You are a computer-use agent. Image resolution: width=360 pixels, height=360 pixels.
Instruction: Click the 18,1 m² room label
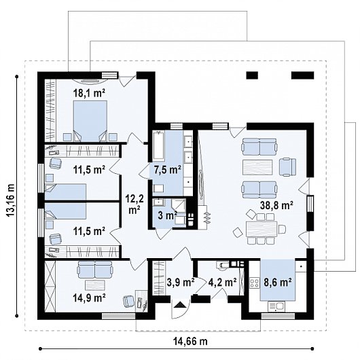[x=89, y=93]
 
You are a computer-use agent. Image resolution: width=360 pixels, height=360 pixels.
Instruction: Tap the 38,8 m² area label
[x=276, y=205]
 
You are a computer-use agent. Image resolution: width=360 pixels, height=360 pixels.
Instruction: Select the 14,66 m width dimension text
[x=190, y=342]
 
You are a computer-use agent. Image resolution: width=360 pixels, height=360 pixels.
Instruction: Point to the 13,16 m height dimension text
[x=11, y=200]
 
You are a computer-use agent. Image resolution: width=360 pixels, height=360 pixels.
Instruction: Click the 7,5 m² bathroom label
[x=168, y=170]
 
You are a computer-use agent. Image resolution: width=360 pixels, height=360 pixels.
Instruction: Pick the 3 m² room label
[x=167, y=216]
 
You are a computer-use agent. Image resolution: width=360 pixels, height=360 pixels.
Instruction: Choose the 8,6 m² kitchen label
[x=277, y=283]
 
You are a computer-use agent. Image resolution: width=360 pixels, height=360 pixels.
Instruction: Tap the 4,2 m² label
[x=222, y=283]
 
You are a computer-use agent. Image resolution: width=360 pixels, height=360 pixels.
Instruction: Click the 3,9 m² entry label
[x=181, y=283]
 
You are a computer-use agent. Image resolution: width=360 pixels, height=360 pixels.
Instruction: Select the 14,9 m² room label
[x=89, y=298]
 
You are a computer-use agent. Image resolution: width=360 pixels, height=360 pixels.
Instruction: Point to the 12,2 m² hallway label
[x=134, y=204]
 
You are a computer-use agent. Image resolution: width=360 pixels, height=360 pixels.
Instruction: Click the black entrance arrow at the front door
[x=180, y=304]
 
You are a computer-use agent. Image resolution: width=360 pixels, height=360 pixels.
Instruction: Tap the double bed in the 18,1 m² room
[x=90, y=121]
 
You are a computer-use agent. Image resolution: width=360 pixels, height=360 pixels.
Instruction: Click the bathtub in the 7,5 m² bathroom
[x=159, y=145]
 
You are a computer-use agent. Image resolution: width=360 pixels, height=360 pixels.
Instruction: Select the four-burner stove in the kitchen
[x=255, y=283]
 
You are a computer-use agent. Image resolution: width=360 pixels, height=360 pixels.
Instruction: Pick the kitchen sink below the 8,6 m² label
[x=276, y=307]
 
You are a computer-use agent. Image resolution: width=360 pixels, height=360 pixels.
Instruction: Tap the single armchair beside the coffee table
[x=287, y=167]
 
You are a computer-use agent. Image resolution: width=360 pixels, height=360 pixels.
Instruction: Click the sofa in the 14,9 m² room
[x=95, y=270]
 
